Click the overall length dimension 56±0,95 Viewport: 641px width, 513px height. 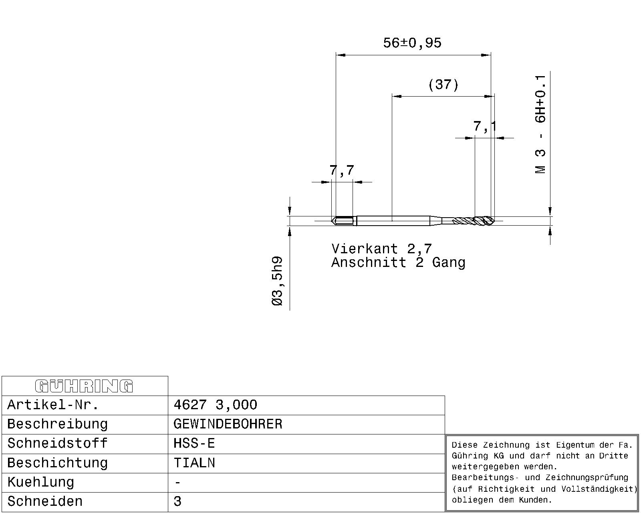[x=412, y=43]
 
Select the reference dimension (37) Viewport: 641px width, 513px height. [x=443, y=85]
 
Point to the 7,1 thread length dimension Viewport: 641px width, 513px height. [x=485, y=126]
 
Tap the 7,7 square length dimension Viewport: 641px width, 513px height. [x=342, y=170]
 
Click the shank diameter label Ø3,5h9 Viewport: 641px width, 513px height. [x=277, y=281]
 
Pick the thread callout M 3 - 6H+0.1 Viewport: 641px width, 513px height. [x=540, y=124]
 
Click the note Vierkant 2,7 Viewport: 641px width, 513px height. [x=381, y=248]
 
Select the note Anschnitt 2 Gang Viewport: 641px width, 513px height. [x=398, y=263]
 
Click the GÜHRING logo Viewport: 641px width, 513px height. [x=84, y=386]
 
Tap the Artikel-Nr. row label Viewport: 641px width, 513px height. [x=53, y=405]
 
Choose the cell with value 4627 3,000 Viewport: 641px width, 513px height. [x=216, y=405]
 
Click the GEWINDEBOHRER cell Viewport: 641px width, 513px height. [x=228, y=424]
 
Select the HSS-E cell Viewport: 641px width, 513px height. [x=194, y=443]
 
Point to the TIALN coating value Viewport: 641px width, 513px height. [x=194, y=463]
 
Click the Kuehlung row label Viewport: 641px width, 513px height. [x=40, y=482]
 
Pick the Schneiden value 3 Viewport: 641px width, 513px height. [x=177, y=501]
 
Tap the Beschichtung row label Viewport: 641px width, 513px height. [x=57, y=463]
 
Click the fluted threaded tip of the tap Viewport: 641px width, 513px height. [x=473, y=221]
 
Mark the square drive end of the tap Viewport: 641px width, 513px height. [x=344, y=221]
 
